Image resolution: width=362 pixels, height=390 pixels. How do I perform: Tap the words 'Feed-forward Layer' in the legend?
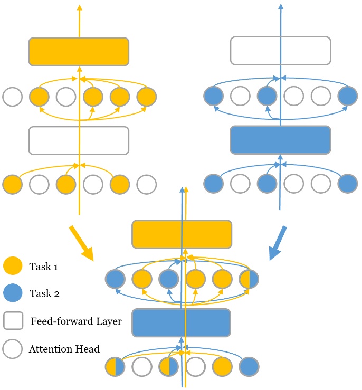(76, 321)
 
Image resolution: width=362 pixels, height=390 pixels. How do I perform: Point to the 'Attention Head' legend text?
(64, 349)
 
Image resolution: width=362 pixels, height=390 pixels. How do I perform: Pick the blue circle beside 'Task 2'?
(13, 293)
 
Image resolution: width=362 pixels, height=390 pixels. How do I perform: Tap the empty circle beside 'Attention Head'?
(13, 349)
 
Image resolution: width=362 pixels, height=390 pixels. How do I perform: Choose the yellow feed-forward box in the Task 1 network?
(79, 51)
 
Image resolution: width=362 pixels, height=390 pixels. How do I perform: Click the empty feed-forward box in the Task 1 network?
(79, 140)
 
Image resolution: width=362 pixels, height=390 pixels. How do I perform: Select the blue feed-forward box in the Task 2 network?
(280, 140)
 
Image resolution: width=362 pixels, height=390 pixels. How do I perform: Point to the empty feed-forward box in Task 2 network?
(280, 51)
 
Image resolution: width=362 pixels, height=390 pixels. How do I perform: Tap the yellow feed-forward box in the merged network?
(182, 234)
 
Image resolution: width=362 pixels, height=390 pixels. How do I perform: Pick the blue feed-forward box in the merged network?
(182, 322)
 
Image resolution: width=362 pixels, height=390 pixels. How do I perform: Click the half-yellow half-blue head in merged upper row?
(249, 279)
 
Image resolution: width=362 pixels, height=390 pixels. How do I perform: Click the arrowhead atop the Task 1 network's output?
(79, 7)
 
